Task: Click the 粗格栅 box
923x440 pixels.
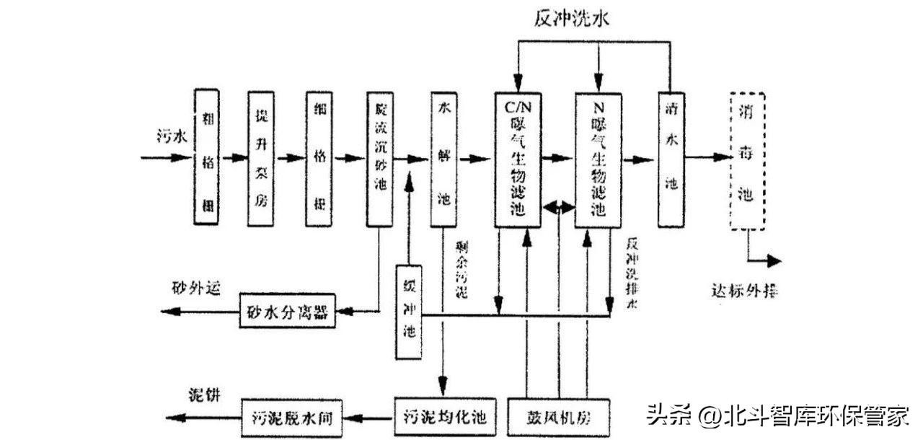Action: [x=207, y=158]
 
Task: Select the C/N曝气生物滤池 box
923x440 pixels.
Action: [x=517, y=158]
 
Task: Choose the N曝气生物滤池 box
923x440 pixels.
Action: [x=597, y=158]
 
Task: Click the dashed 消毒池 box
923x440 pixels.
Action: [x=746, y=160]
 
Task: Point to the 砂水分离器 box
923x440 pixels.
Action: [x=287, y=312]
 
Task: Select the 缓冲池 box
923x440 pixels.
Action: [x=409, y=312]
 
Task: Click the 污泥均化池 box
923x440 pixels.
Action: [x=445, y=417]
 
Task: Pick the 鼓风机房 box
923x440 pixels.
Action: [x=560, y=417]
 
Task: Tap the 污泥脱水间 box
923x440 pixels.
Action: [x=291, y=417]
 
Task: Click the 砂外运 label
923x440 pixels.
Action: [x=195, y=287]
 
